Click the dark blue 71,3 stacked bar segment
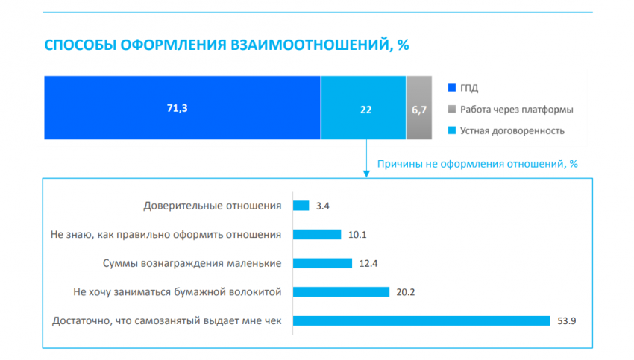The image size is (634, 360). (183, 108)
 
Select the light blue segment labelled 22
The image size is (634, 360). (363, 108)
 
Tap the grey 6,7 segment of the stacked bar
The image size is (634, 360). (418, 108)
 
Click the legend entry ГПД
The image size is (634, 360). (469, 88)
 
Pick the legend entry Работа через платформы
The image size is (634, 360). (515, 110)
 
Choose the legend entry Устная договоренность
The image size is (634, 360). (512, 131)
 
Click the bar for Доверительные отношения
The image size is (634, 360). (301, 206)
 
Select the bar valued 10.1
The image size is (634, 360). (317, 235)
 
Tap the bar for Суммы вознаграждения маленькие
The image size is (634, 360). (322, 263)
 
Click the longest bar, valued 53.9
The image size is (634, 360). (422, 320)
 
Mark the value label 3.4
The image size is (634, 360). (322, 206)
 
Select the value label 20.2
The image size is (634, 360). (405, 292)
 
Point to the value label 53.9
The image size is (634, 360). (568, 320)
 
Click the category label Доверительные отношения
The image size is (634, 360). (212, 206)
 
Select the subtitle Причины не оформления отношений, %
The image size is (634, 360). (478, 163)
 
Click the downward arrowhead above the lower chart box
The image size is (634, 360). (365, 174)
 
